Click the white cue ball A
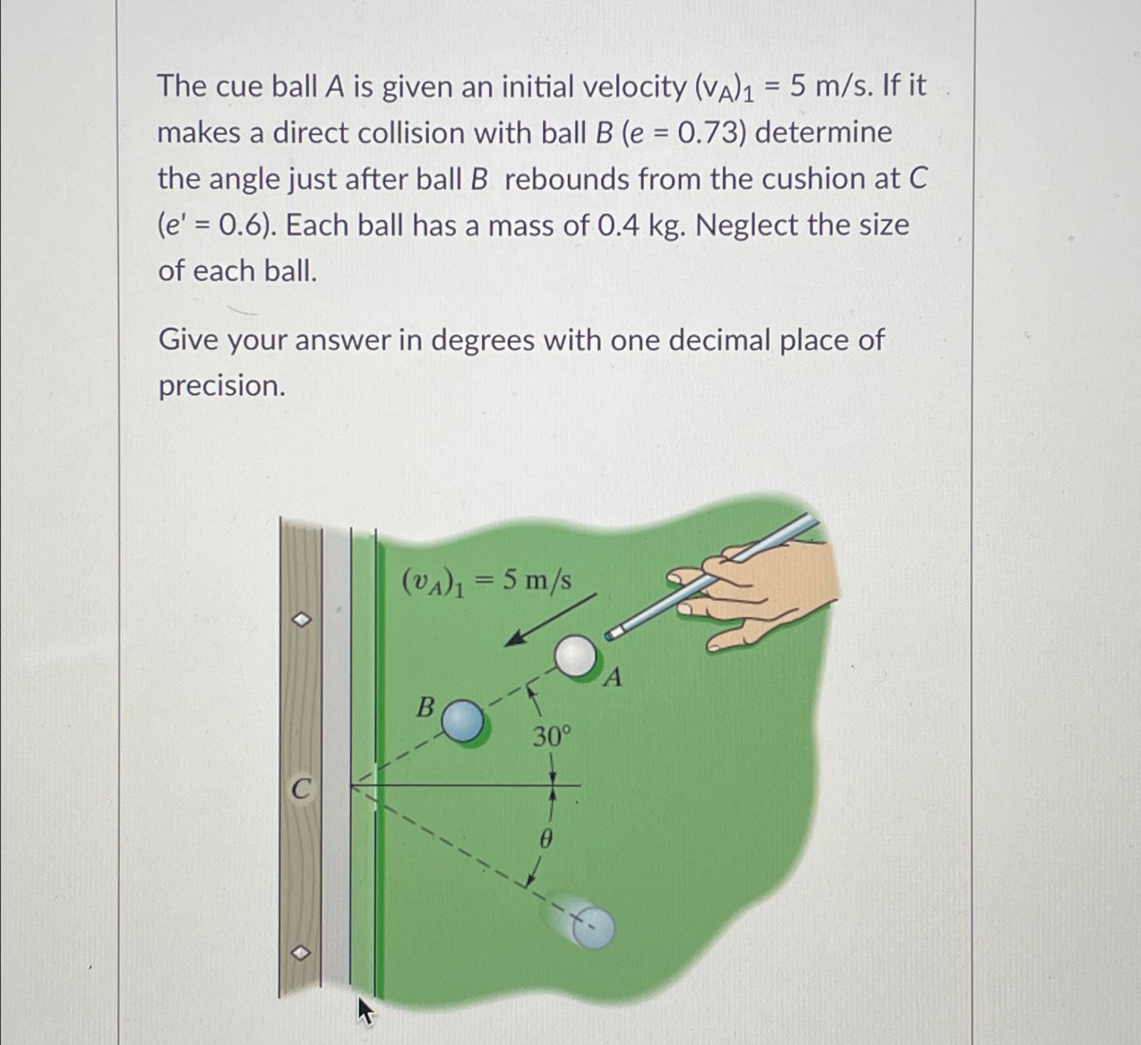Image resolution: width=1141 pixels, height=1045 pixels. pos(575,656)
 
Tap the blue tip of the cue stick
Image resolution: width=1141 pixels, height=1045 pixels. pos(609,636)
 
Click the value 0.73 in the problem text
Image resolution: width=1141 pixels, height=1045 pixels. pos(714,134)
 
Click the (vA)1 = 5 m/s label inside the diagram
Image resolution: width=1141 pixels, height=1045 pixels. pos(486,582)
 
